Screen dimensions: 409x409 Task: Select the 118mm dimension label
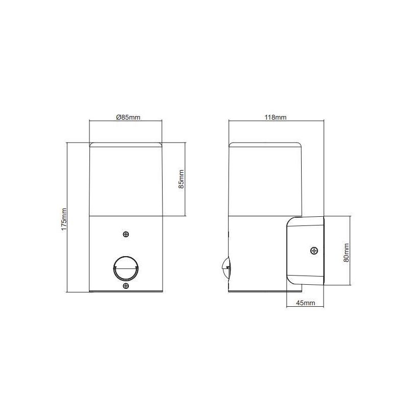(x=276, y=117)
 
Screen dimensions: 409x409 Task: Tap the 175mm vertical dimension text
(x=64, y=219)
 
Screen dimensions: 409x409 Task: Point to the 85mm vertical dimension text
(x=180, y=179)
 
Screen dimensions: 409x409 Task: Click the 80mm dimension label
(x=346, y=252)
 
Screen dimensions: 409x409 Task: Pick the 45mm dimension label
(x=305, y=303)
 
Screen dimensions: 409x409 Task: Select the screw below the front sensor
(x=126, y=286)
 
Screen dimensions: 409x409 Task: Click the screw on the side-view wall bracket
(x=314, y=251)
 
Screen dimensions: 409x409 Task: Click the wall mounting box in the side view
(x=304, y=251)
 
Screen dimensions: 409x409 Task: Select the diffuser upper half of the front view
(x=126, y=179)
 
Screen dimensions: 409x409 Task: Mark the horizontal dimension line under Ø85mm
(x=126, y=121)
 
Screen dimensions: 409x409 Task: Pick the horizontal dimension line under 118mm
(x=276, y=121)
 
